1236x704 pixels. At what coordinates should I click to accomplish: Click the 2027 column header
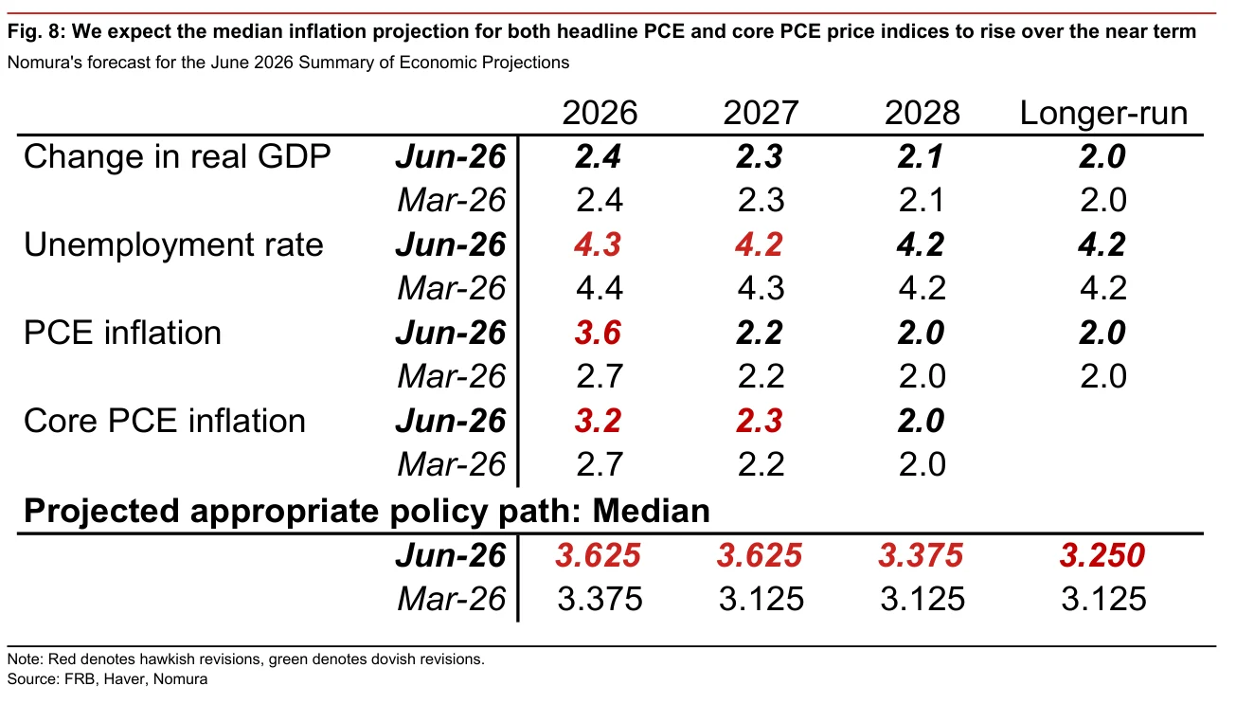(761, 113)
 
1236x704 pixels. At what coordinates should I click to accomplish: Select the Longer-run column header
(1103, 113)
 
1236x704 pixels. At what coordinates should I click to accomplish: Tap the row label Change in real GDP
(177, 156)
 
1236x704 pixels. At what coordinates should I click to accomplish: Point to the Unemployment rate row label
(173, 244)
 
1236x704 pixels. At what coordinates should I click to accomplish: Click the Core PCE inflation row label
(165, 421)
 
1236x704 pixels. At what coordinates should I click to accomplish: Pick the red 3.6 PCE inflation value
(599, 333)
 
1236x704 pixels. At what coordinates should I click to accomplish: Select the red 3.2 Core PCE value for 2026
(599, 421)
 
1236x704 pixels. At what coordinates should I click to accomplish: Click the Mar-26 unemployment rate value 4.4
(600, 288)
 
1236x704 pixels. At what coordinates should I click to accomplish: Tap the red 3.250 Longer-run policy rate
(1102, 555)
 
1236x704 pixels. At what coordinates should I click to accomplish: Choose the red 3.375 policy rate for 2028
(921, 555)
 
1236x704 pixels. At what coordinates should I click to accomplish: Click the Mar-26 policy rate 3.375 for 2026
(600, 599)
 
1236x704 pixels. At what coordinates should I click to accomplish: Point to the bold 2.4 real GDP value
(599, 156)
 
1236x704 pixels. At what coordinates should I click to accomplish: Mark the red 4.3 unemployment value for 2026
(599, 244)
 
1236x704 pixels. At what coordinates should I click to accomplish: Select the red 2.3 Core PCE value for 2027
(760, 421)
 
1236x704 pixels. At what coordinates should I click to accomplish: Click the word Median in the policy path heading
(651, 511)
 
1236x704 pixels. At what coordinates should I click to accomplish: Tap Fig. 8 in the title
(36, 31)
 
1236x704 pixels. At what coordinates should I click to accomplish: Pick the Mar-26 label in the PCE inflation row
(452, 376)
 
